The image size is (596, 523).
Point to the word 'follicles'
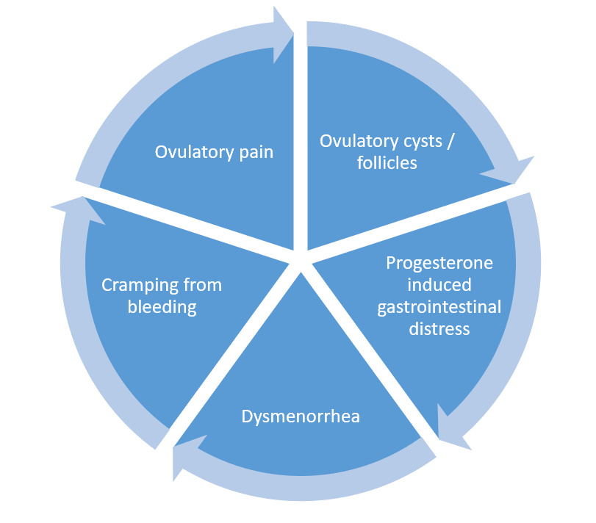[387, 163]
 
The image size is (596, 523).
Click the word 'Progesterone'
[439, 263]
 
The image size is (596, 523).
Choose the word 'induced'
[439, 284]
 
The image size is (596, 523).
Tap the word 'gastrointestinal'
[439, 306]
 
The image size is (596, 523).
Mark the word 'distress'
[439, 328]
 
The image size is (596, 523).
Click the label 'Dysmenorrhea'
[301, 416]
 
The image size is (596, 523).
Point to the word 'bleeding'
[162, 307]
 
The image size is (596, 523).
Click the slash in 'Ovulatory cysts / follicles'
[450, 141]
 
